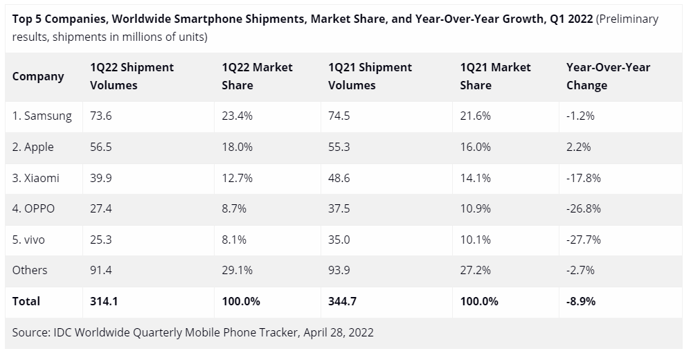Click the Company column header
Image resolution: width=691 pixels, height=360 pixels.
(x=38, y=76)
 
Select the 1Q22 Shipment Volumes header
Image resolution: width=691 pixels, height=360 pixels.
(x=132, y=76)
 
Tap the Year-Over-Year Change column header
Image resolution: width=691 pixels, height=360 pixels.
(x=609, y=76)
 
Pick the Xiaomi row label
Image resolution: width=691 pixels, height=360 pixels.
(x=36, y=178)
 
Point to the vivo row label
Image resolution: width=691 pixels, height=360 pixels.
(x=30, y=240)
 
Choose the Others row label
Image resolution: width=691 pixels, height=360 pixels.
(x=30, y=271)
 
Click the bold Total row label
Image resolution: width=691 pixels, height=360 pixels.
(x=26, y=301)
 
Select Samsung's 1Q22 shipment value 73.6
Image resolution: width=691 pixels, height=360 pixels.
(x=101, y=116)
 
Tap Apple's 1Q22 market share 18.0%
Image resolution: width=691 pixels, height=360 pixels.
(x=237, y=147)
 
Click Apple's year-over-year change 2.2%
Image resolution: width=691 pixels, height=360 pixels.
(x=578, y=147)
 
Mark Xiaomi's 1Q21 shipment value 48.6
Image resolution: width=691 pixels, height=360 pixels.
(x=339, y=178)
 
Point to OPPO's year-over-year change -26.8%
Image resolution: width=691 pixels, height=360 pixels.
(x=583, y=209)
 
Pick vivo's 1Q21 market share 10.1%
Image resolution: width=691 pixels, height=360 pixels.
(x=475, y=240)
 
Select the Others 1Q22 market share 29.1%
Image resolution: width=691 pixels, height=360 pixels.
(x=237, y=271)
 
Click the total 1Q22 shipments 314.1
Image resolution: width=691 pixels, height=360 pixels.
(x=105, y=301)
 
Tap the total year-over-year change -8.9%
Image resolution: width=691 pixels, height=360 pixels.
(x=581, y=301)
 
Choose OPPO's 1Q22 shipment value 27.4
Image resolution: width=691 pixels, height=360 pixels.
(x=101, y=209)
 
